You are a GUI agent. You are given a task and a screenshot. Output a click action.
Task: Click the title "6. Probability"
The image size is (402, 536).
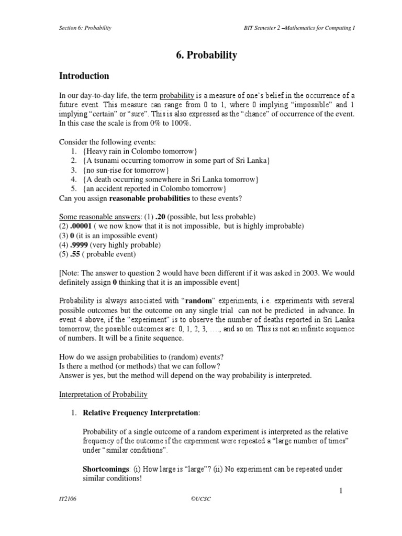pyautogui.click(x=200, y=54)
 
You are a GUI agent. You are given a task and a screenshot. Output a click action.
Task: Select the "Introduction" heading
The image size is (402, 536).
pyautogui.click(x=84, y=76)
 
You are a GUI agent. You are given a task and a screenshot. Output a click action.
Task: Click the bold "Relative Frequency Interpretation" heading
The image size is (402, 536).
pyautogui.click(x=140, y=413)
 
